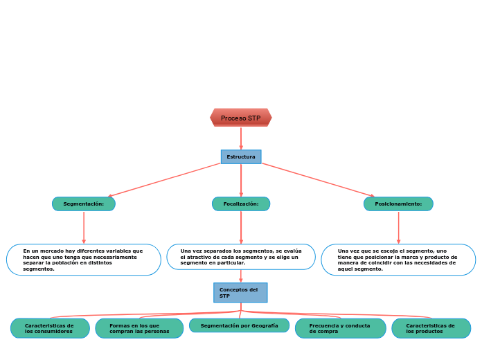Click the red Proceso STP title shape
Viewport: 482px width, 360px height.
[241, 118]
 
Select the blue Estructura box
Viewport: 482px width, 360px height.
[241, 156]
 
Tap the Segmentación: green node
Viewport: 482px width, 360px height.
[84, 204]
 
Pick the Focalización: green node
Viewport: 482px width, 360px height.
[241, 204]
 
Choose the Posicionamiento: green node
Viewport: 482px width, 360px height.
[398, 204]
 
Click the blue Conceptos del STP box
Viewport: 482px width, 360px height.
[240, 293]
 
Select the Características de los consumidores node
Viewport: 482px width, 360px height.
[50, 328]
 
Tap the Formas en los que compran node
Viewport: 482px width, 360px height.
[139, 328]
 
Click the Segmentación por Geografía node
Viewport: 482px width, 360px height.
[240, 325]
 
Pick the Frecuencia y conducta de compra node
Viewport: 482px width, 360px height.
[340, 328]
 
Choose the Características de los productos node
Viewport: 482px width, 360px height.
[431, 328]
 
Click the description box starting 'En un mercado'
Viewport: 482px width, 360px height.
[84, 260]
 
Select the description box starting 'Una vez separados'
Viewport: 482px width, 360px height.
[241, 256]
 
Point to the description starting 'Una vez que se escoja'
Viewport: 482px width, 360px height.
[398, 260]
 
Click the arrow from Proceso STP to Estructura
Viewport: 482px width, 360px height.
[241, 138]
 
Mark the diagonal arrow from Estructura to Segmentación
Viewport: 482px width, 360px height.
[165, 180]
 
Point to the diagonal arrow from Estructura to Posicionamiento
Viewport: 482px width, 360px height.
[317, 180]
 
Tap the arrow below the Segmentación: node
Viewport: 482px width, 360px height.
[84, 227]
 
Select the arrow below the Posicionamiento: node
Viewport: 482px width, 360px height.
[398, 227]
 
